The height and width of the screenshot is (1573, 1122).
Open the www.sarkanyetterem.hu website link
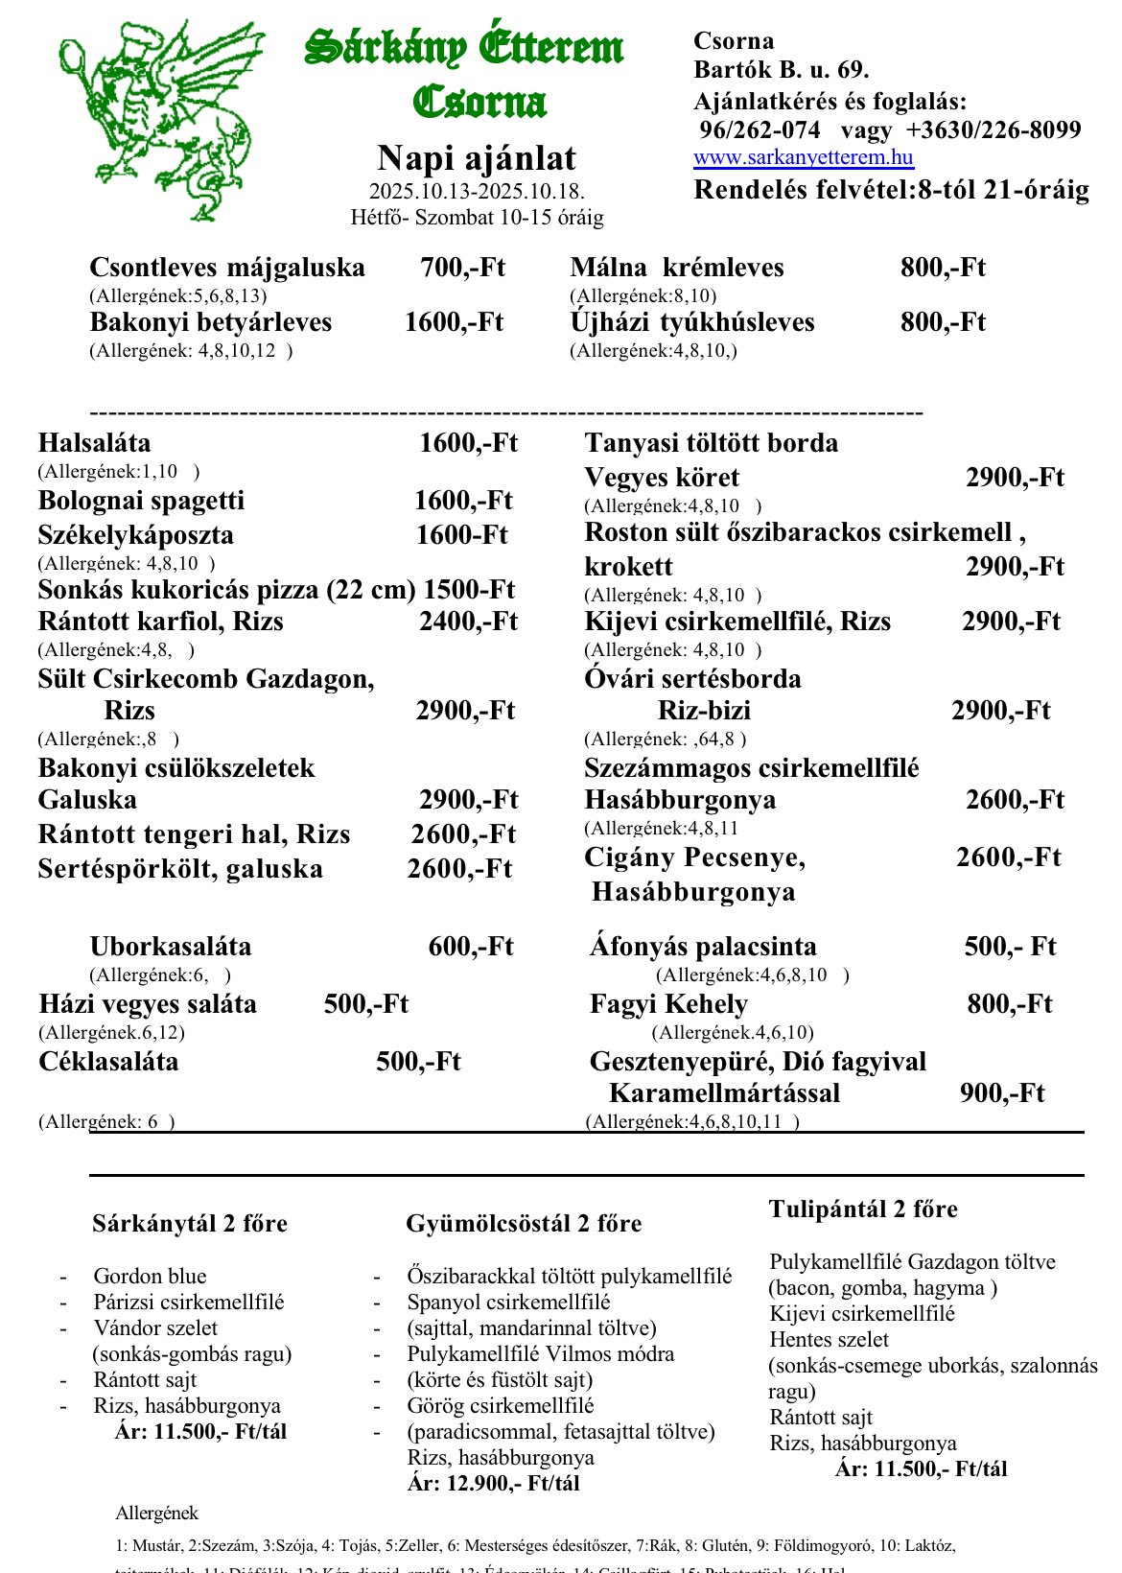pos(803,157)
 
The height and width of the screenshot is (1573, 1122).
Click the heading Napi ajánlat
pos(477,158)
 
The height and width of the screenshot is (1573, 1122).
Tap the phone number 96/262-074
pos(760,129)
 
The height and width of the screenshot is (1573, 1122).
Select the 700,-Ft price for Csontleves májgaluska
pos(462,268)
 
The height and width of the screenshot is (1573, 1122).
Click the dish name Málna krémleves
pos(676,268)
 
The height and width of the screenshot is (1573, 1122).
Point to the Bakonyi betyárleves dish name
pos(210,322)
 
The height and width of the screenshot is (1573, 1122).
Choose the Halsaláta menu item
pos(94,443)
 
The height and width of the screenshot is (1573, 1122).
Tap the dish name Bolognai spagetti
pos(141,501)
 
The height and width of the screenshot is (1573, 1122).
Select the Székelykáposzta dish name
pos(135,535)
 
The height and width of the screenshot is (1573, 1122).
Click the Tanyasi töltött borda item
pos(711,443)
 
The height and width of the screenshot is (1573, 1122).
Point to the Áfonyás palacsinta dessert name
pos(703,947)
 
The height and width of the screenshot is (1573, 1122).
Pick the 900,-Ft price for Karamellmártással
pos(1001,1093)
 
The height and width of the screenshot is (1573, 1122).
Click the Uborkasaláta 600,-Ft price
pos(471,947)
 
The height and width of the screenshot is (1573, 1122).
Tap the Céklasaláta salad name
pos(108,1062)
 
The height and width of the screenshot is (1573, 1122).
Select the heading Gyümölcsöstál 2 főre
pos(524,1224)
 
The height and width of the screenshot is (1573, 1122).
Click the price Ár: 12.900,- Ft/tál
pos(493,1483)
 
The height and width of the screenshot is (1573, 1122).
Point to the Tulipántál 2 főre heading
pos(862,1209)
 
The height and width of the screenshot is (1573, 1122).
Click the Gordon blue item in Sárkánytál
pos(150,1276)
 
